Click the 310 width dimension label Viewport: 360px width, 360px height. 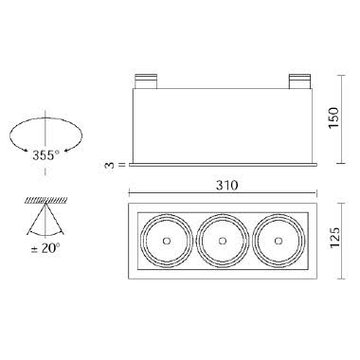226,186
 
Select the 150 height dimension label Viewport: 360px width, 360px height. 333,117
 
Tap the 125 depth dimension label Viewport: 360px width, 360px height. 333,237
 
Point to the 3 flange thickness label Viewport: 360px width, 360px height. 110,165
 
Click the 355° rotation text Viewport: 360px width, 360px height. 45,155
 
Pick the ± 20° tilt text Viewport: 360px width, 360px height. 45,248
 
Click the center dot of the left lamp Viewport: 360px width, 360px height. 167,241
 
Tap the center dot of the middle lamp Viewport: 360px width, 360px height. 223,241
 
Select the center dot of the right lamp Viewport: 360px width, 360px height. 279,241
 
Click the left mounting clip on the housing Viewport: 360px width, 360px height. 146,81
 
